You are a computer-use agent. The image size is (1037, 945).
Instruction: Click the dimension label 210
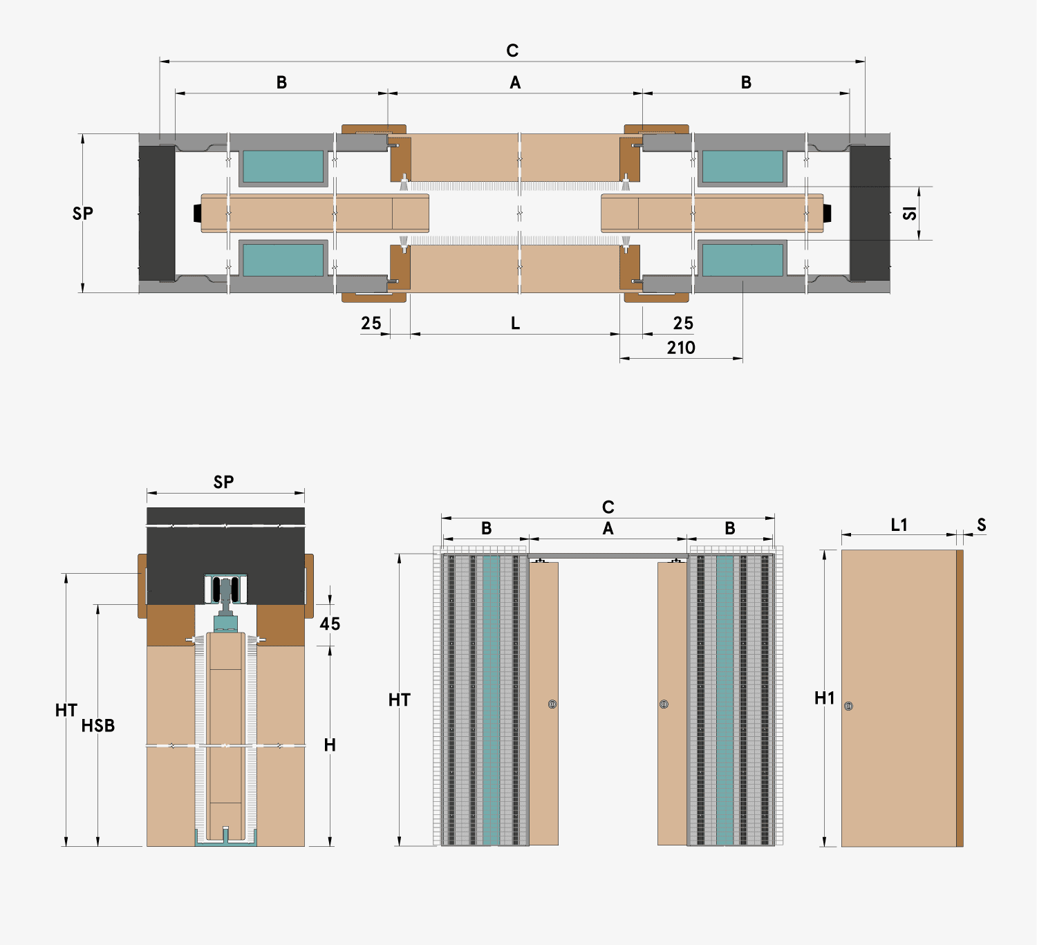(x=681, y=348)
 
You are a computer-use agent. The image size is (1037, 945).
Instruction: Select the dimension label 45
(x=330, y=624)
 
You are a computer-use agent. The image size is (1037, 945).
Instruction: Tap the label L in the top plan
(x=515, y=324)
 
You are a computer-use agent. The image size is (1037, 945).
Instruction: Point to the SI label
(x=910, y=213)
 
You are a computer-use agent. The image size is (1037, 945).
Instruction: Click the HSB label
(x=98, y=726)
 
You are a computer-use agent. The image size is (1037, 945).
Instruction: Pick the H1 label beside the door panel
(x=825, y=698)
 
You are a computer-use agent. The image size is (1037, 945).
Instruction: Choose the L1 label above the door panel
(x=899, y=525)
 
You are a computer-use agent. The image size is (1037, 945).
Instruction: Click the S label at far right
(x=981, y=525)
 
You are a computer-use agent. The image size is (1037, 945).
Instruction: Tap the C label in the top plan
(x=512, y=50)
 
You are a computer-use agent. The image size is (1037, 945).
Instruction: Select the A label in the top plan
(x=515, y=83)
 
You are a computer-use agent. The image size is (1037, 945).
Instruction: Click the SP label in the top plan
(x=83, y=214)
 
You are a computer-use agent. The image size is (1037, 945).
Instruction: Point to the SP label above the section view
(x=223, y=482)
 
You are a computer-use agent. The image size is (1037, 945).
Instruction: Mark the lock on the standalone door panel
(x=849, y=706)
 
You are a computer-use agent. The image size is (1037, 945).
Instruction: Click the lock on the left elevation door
(x=552, y=704)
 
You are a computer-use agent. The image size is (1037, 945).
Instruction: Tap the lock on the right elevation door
(x=664, y=704)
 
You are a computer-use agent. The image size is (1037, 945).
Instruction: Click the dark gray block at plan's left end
(x=157, y=213)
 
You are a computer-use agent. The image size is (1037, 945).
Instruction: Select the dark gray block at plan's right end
(x=870, y=213)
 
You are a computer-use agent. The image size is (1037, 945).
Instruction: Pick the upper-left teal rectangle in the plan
(x=283, y=167)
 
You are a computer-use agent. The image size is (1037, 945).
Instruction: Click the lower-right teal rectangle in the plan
(x=742, y=260)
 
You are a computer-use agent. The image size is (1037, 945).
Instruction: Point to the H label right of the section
(x=330, y=745)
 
